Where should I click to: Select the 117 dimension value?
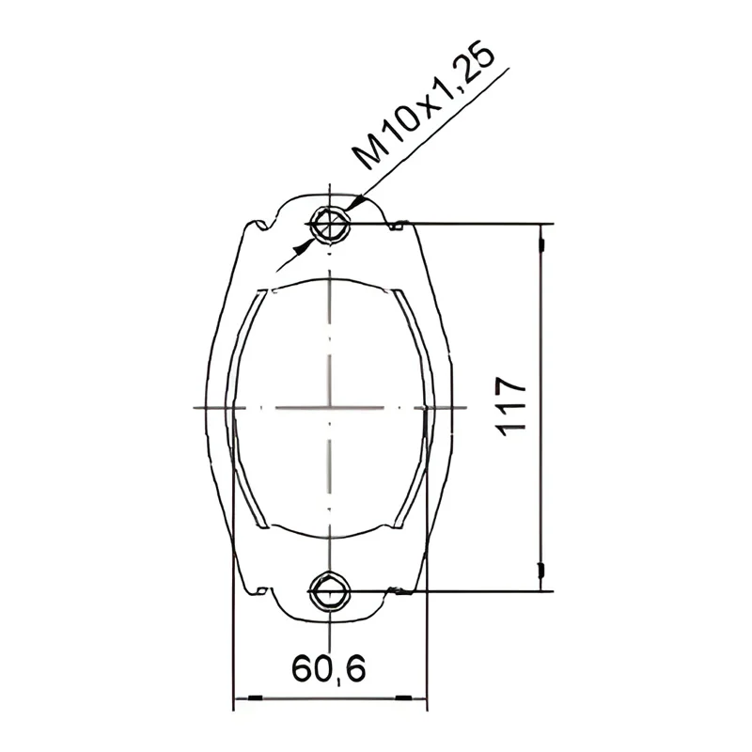click(x=511, y=407)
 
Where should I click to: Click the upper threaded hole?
click(x=330, y=225)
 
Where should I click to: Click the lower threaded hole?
click(x=330, y=591)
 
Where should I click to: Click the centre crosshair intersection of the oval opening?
click(x=330, y=408)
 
